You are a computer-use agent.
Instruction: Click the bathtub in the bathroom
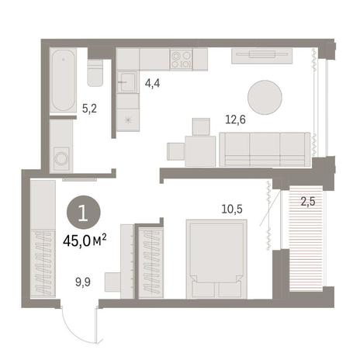(x=63, y=80)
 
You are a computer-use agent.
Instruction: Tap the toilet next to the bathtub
(x=95, y=73)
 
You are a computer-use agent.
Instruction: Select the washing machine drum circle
(x=61, y=158)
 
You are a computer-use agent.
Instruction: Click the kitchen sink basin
(x=126, y=82)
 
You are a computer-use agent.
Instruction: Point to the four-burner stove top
(x=181, y=60)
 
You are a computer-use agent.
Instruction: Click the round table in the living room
(x=265, y=97)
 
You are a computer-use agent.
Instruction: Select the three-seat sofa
(x=265, y=149)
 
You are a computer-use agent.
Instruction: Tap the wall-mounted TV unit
(x=262, y=56)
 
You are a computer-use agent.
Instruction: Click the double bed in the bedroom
(x=216, y=259)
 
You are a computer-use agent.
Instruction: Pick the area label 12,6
(x=235, y=119)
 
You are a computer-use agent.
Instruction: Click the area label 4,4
(x=152, y=83)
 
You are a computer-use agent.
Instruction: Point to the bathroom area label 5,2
(x=89, y=109)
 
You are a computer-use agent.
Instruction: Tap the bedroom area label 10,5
(x=232, y=209)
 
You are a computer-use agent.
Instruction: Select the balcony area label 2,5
(x=308, y=201)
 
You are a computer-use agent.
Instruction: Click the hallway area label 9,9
(x=83, y=282)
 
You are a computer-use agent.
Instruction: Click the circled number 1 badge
(x=84, y=213)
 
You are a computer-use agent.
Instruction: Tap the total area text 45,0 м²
(x=85, y=241)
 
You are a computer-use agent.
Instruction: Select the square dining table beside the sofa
(x=200, y=151)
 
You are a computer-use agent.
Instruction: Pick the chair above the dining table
(x=201, y=126)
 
